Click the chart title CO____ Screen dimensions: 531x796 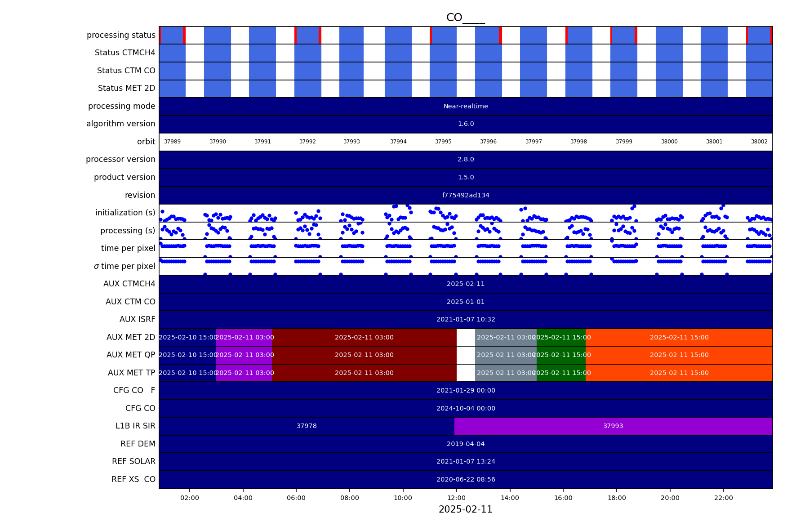point(465,18)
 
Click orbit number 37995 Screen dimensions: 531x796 point(443,142)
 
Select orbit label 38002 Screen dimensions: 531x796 point(759,142)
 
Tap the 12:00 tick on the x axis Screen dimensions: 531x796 point(456,498)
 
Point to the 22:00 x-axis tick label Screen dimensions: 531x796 point(723,498)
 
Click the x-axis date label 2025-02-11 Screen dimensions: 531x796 point(465,509)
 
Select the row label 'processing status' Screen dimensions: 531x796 point(121,35)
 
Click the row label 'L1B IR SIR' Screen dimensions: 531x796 point(135,426)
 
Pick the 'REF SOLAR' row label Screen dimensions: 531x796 point(133,461)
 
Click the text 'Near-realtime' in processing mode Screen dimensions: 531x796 point(466,106)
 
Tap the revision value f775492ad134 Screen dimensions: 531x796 point(466,195)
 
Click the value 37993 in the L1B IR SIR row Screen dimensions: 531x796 point(613,426)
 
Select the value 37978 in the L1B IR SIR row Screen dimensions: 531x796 point(307,426)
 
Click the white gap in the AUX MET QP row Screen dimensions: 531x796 point(466,355)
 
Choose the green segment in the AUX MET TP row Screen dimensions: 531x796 point(561,373)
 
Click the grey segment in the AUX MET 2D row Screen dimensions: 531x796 point(506,337)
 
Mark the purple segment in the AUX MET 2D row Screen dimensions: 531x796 point(244,337)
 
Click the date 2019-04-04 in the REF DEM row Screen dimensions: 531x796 point(466,444)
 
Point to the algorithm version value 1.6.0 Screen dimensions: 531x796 point(466,124)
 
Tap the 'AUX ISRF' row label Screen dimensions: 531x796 point(137,319)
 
